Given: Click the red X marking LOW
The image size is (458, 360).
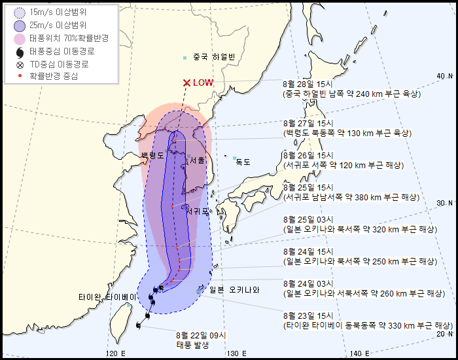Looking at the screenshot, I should tap(186, 83).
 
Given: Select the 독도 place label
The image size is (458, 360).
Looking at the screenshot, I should tap(243, 162).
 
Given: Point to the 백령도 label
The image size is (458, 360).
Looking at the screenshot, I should tap(152, 156).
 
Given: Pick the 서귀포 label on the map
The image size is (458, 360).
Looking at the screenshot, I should tap(197, 211).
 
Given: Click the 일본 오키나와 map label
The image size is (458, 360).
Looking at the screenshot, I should tap(234, 290).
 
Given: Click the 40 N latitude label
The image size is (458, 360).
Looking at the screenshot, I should tap(444, 77).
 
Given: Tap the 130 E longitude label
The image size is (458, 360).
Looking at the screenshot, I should tap(236, 353).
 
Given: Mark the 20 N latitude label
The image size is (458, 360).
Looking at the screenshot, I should tap(444, 334).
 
